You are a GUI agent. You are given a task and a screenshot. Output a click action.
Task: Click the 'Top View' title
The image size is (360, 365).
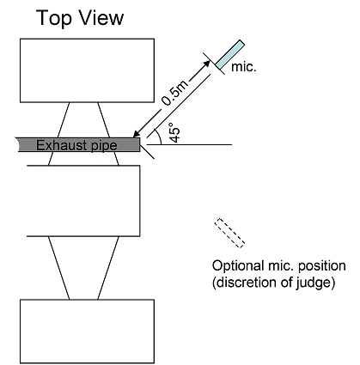tap(78, 18)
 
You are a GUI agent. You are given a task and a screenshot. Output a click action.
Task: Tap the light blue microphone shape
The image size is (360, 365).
tap(229, 52)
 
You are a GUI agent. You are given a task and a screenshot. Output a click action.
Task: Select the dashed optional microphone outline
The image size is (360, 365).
tap(229, 231)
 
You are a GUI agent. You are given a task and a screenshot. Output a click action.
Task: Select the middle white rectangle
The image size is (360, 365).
tap(82, 200)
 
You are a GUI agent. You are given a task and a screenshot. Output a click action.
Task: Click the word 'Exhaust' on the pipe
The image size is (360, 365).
tap(61, 143)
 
